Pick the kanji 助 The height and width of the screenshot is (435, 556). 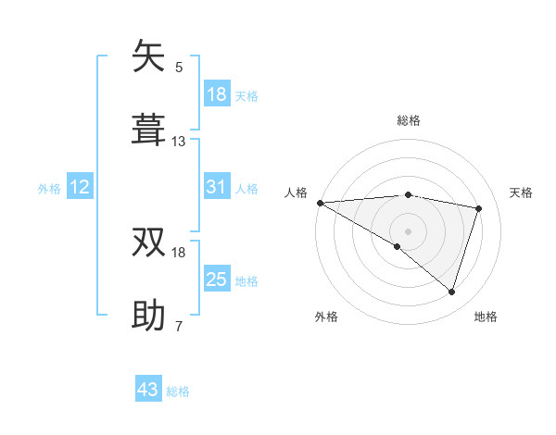pyautogui.click(x=149, y=315)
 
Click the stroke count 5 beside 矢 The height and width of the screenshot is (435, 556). pyautogui.click(x=179, y=68)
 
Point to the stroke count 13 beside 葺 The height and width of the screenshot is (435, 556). pyautogui.click(x=179, y=142)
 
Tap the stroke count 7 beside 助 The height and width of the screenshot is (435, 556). pyautogui.click(x=179, y=326)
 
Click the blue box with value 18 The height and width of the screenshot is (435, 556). pyautogui.click(x=216, y=94)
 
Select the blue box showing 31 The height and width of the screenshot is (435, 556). pyautogui.click(x=216, y=188)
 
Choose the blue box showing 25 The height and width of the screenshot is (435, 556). pyautogui.click(x=216, y=280)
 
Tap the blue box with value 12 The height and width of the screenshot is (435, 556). pyautogui.click(x=80, y=188)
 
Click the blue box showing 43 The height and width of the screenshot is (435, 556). pyautogui.click(x=148, y=390)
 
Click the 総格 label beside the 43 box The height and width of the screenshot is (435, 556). pyautogui.click(x=178, y=391)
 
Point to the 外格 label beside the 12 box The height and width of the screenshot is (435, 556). pyautogui.click(x=49, y=189)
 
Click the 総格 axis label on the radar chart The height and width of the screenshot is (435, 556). pyautogui.click(x=409, y=120)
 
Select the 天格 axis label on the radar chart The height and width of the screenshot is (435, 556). pyautogui.click(x=522, y=193)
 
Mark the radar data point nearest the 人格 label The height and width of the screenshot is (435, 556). pyautogui.click(x=320, y=203)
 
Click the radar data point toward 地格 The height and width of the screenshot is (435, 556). pyautogui.click(x=452, y=292)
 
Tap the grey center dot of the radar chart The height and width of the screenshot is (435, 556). pyautogui.click(x=408, y=230)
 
